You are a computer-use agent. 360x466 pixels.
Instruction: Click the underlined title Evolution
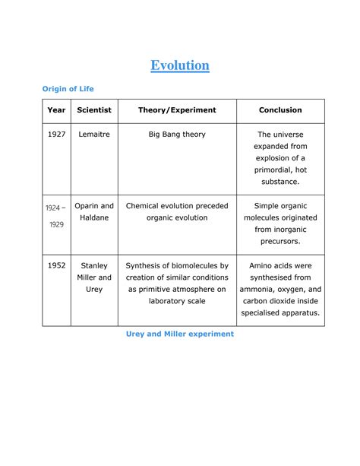point(179,65)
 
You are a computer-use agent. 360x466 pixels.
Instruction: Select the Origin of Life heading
point(68,90)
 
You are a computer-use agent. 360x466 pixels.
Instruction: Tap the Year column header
point(56,110)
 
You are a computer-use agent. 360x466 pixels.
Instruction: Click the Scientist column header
point(94,110)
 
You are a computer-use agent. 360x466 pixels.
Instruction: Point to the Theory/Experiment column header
point(177,110)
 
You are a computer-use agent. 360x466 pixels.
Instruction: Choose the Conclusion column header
point(280,110)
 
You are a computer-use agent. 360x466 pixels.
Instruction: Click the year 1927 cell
point(56,135)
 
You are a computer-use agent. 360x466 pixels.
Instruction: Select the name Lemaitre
point(94,135)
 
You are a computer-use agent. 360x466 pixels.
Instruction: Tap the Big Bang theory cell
point(177,135)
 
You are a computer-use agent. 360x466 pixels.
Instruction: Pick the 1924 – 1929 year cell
point(55,216)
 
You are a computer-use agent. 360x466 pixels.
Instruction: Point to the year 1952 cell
point(56,266)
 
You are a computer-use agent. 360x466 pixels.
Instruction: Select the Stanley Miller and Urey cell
point(94,277)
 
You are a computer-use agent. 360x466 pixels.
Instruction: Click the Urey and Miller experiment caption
point(179,334)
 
